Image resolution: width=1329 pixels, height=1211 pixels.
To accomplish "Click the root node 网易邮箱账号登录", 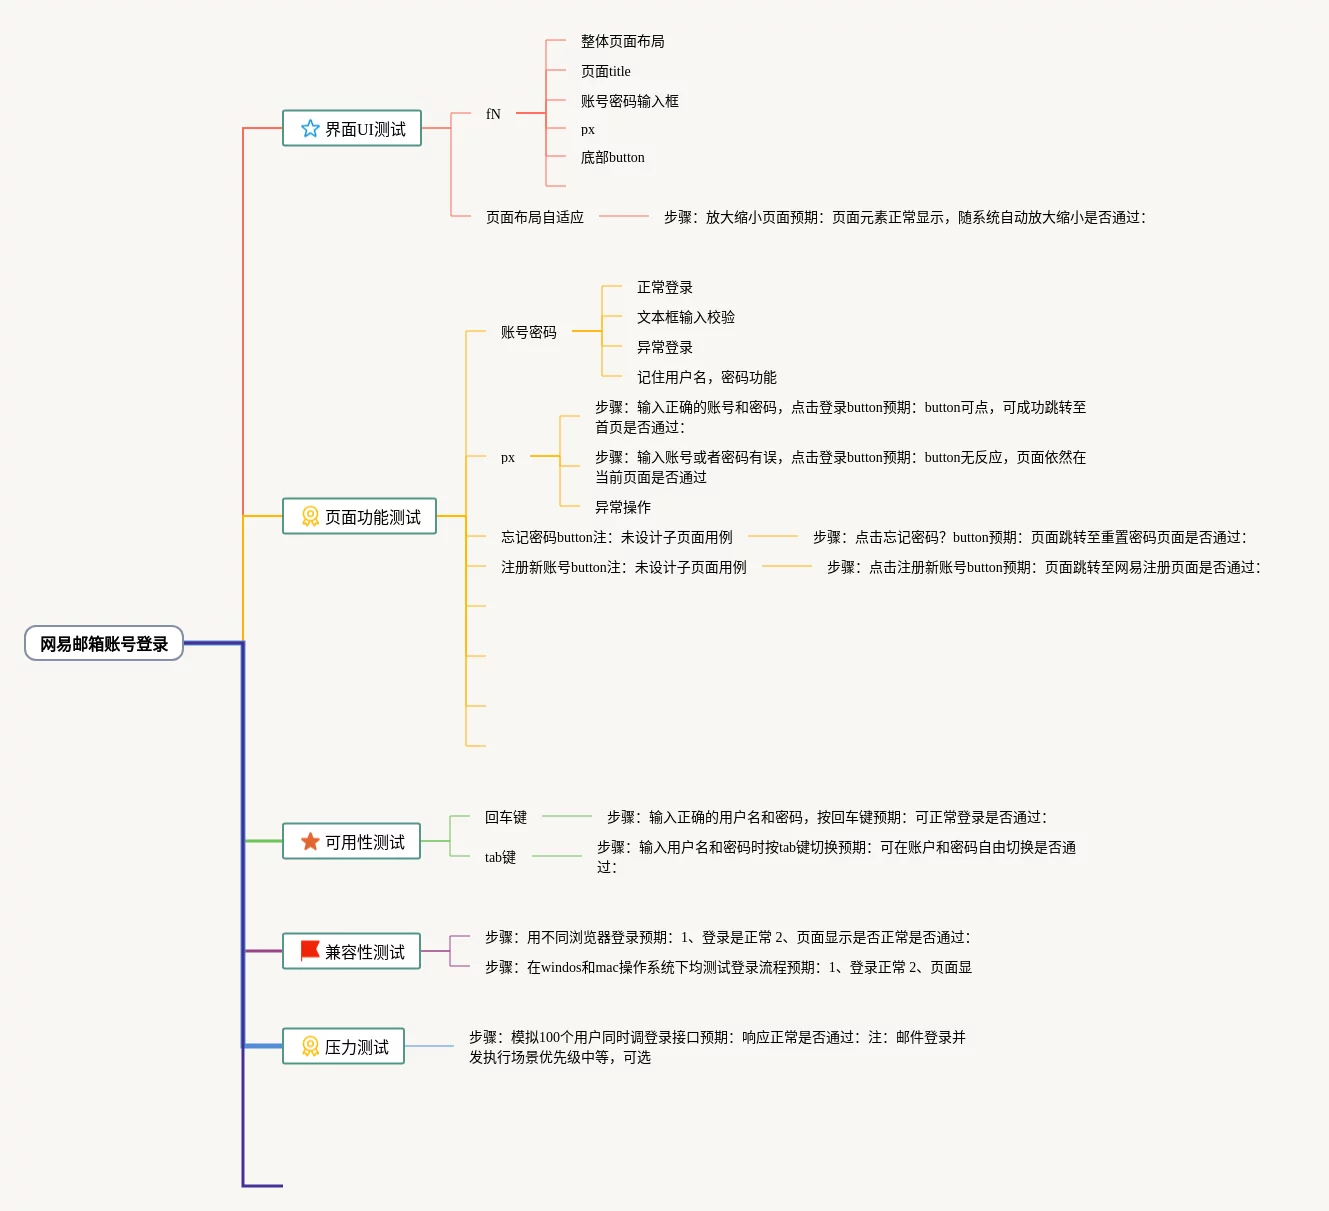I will [104, 644].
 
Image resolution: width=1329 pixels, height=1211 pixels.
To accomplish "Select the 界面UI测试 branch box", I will [352, 129].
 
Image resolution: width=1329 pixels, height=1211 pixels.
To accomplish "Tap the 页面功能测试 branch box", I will [360, 517].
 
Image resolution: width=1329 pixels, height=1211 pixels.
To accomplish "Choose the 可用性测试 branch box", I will [352, 842].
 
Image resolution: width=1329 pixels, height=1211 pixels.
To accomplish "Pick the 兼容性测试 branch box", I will [352, 952].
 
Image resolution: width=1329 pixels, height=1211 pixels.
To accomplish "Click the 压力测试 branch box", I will [344, 1047].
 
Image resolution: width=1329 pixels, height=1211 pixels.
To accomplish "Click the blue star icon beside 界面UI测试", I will [310, 129].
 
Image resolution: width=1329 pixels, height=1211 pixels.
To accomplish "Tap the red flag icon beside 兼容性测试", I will [310, 950].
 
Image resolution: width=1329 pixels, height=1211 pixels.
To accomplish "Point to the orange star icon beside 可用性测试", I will [310, 842].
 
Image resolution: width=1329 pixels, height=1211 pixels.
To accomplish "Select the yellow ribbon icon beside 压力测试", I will [310, 1047].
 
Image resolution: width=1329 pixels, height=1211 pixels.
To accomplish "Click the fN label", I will [493, 114].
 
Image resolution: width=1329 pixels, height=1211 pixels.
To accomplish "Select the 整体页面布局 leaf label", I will [622, 42].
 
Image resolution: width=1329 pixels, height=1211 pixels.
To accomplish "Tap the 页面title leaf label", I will [606, 72].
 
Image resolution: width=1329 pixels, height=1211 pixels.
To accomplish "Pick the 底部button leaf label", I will [613, 158].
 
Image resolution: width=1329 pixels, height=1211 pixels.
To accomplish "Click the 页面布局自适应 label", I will [535, 217].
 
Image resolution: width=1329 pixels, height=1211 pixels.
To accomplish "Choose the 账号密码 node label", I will [529, 333].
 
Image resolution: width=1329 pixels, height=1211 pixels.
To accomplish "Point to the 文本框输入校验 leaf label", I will [686, 318].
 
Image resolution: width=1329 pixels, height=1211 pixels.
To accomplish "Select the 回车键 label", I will [506, 818].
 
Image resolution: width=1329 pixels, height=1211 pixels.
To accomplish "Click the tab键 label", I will [500, 858].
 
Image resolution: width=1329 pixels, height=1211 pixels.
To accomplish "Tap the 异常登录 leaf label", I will [665, 348].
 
